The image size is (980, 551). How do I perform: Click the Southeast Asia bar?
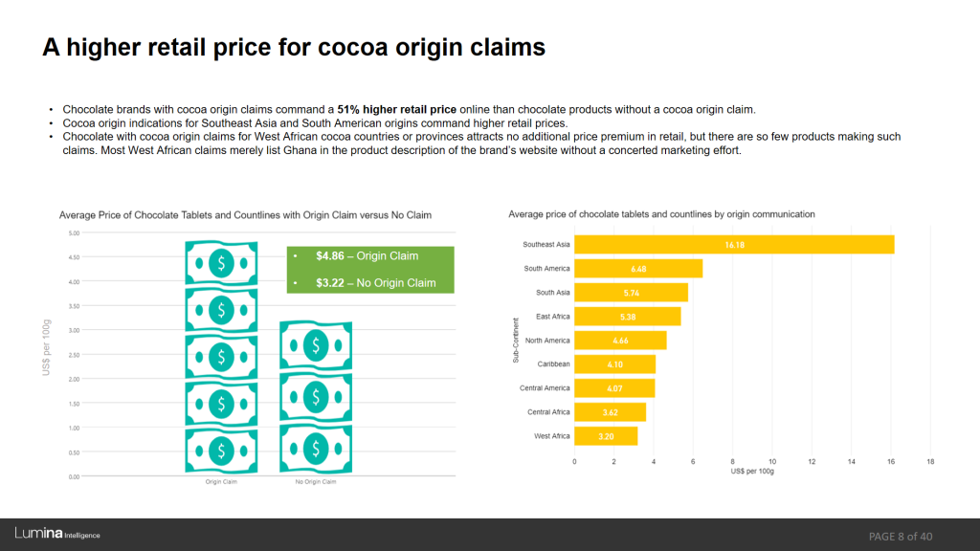click(734, 244)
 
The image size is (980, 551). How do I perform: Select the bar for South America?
click(638, 269)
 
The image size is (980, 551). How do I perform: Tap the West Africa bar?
click(606, 436)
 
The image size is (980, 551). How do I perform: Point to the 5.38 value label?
click(628, 317)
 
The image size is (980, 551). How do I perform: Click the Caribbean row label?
click(553, 364)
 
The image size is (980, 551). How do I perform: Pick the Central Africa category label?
click(548, 412)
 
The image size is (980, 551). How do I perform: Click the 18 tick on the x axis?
click(930, 462)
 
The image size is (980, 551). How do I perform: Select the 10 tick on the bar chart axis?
click(772, 462)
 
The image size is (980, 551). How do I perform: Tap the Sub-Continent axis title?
click(516, 341)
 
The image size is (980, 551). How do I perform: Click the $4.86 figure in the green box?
click(330, 256)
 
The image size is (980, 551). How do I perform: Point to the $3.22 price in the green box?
click(330, 283)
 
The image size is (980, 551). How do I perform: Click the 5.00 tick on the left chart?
click(74, 233)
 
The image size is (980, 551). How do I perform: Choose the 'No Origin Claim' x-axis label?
click(316, 482)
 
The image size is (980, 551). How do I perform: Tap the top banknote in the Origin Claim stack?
click(221, 263)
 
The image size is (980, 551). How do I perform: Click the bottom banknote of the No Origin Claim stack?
click(316, 449)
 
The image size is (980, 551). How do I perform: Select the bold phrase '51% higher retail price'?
click(397, 110)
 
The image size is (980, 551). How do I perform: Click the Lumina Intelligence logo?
click(57, 534)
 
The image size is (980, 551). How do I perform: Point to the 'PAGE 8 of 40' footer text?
click(901, 537)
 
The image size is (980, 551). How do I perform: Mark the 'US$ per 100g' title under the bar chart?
click(752, 471)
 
